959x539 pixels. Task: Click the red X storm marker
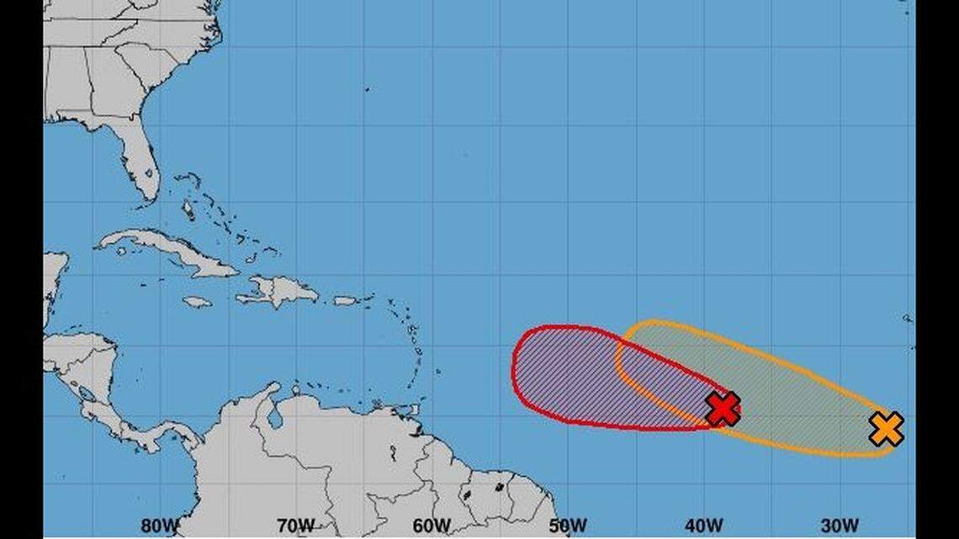723,409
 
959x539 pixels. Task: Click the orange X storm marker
886,429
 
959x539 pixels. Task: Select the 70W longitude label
296,526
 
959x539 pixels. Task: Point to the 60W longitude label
432,526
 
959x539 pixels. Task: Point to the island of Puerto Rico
346,300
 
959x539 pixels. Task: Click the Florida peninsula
142,164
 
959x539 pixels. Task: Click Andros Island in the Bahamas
187,209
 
